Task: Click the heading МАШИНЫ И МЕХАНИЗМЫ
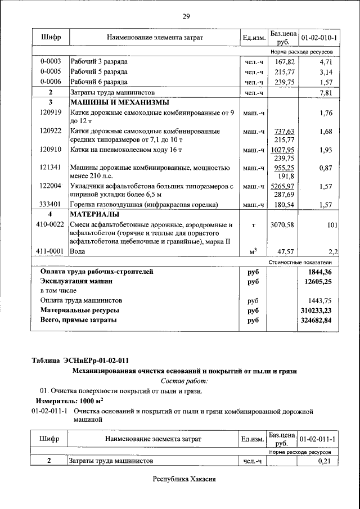[x=119, y=102]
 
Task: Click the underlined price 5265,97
[x=283, y=186]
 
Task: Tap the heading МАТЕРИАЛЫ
[x=94, y=215]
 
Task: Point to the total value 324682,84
[x=316, y=320]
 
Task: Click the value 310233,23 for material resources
[x=316, y=310]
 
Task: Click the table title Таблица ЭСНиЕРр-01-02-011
[x=83, y=360]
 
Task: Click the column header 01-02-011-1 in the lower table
[x=318, y=439]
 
